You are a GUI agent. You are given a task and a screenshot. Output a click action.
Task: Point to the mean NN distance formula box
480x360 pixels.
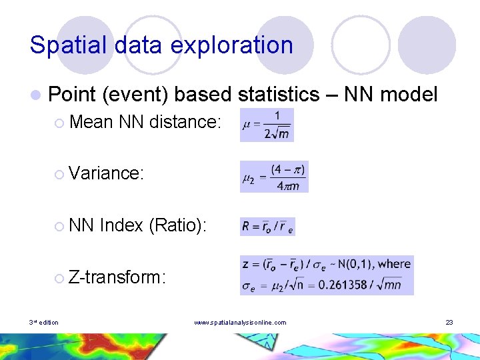pyautogui.click(x=267, y=125)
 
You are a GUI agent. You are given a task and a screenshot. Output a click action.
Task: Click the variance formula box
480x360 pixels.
pyautogui.click(x=274, y=177)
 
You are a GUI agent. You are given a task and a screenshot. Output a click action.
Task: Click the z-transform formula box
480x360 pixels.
pyautogui.click(x=327, y=275)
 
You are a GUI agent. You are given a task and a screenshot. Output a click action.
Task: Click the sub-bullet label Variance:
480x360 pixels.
pyautogui.click(x=107, y=173)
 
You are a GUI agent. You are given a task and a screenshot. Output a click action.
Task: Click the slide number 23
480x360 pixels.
pyautogui.click(x=449, y=323)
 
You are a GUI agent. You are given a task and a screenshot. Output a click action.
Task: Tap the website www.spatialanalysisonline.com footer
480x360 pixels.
pyautogui.click(x=240, y=323)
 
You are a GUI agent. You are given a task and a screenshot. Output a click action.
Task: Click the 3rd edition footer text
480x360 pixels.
pyautogui.click(x=43, y=323)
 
